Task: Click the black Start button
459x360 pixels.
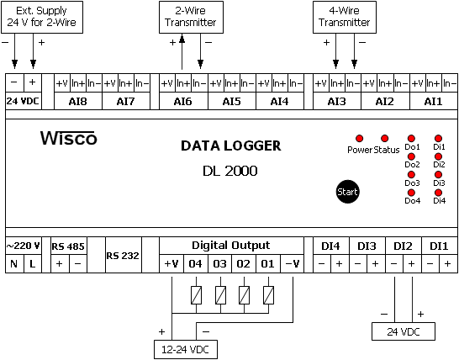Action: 347,192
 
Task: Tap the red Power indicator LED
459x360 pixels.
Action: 359,138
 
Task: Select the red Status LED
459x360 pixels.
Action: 384,138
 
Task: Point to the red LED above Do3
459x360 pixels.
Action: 411,175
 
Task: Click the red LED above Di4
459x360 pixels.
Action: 438,193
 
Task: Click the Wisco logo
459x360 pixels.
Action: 68,138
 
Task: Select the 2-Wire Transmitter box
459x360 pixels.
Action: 191,17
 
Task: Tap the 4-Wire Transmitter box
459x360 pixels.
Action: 345,17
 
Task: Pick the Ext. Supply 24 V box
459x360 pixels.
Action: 42,17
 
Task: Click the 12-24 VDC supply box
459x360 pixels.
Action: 186,349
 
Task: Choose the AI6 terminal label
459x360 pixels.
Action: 182,101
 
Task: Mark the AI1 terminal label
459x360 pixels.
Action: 433,101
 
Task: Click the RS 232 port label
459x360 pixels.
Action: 123,256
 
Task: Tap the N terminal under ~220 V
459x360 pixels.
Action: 14,264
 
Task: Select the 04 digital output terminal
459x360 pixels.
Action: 196,264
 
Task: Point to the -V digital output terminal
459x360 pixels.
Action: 293,264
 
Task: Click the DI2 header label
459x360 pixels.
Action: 403,246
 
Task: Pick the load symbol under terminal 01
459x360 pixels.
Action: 268,295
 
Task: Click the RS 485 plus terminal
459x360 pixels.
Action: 60,264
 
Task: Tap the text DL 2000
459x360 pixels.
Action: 230,171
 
